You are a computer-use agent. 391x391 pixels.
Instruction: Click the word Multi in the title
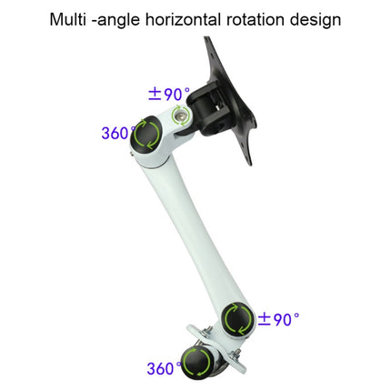click(68, 19)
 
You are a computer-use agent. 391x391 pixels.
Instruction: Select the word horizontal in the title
click(183, 19)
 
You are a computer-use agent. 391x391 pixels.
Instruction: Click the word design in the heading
click(316, 21)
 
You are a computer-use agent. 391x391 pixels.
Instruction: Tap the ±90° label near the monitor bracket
click(169, 94)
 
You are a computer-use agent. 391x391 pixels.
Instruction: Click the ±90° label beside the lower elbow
click(278, 319)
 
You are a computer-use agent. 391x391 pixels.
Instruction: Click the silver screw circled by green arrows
click(180, 115)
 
